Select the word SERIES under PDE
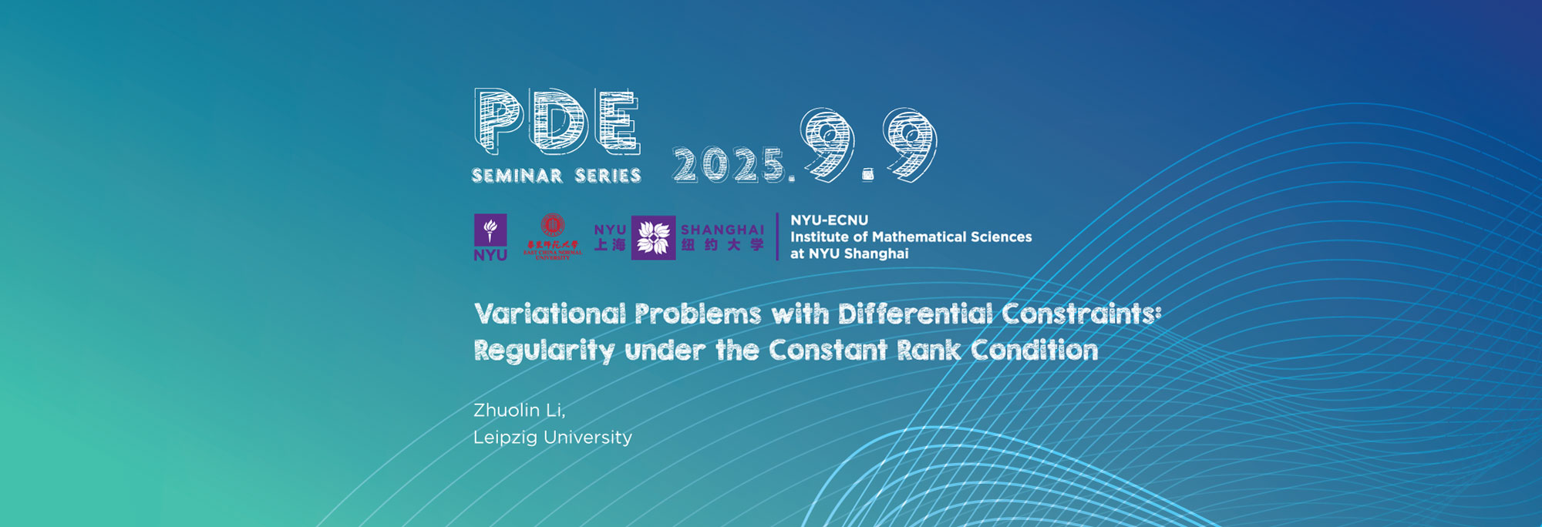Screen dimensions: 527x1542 pos(608,176)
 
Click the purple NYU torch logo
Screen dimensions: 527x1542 pos(490,230)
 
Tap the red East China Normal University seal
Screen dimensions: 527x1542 pos(553,226)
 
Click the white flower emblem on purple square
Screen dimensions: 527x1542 pos(653,237)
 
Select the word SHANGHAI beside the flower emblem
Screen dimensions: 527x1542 pos(722,230)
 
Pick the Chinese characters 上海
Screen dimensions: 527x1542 pos(610,245)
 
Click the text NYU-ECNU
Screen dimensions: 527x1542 pos(829,220)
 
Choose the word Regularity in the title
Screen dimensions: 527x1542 pos(544,351)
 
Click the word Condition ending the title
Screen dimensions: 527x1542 pos(1034,351)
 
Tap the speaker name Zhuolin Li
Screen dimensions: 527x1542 pos(519,410)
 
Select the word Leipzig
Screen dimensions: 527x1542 pos(505,438)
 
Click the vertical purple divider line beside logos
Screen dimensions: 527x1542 pos(777,237)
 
